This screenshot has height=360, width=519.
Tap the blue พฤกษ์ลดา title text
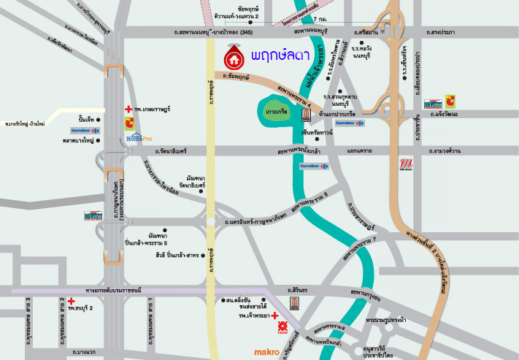tap(279, 55)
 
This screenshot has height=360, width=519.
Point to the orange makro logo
tap(266, 352)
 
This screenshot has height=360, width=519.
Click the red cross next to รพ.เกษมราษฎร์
tap(128, 109)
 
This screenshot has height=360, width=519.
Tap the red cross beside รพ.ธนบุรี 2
tap(72, 300)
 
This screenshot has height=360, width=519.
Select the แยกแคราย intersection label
tap(361, 151)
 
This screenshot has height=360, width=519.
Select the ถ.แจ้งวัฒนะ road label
tap(447, 115)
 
